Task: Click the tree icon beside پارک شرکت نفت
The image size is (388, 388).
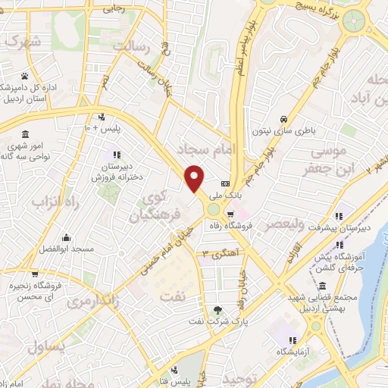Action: click(219, 309)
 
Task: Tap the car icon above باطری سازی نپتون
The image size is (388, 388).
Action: click(283, 119)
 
